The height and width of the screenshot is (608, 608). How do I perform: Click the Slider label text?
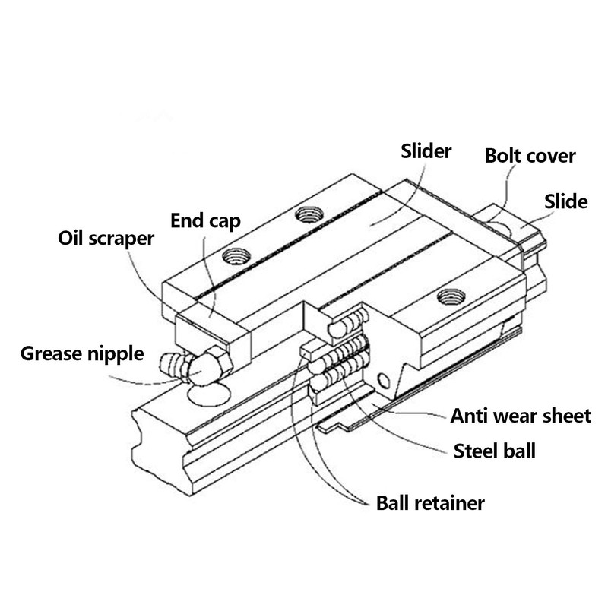tap(426, 150)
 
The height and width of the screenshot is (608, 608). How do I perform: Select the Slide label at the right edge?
tap(566, 201)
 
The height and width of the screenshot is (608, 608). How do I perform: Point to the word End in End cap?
tap(186, 221)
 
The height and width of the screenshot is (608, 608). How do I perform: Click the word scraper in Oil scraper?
tap(122, 239)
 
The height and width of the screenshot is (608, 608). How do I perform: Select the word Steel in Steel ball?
tap(475, 450)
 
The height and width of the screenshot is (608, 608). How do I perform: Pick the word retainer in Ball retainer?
tap(451, 503)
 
